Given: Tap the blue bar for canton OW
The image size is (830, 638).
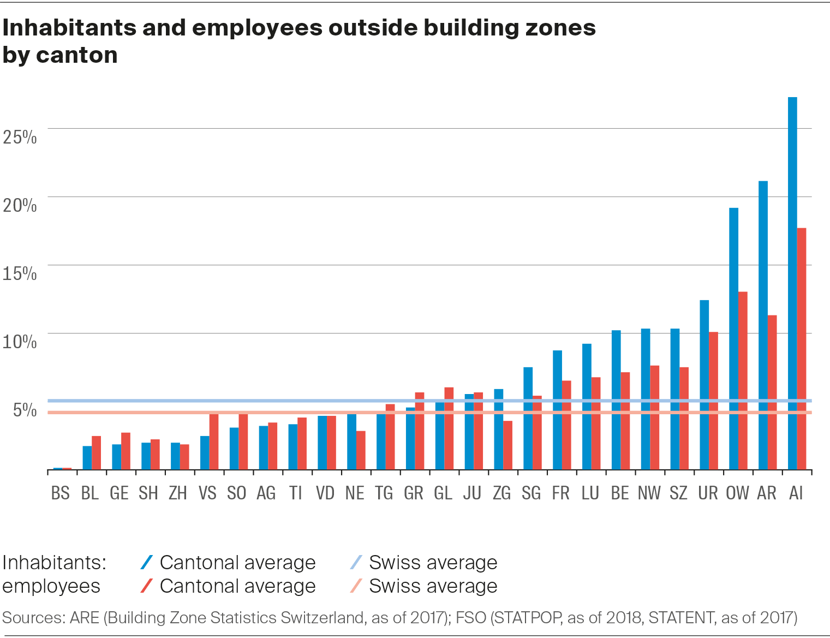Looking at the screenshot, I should (733, 338).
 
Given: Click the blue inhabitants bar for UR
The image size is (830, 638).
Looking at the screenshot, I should (704, 385).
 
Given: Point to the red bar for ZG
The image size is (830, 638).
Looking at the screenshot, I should (507, 445).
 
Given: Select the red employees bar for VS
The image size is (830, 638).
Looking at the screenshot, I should (214, 442).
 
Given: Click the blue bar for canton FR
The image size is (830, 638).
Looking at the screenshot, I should (557, 410).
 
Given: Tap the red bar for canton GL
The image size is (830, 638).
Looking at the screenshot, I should (449, 428).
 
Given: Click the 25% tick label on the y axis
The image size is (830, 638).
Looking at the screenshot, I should (20, 137).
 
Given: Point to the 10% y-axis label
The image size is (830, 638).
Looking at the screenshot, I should (20, 342).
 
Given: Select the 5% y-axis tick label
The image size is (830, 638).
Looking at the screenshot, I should (25, 410).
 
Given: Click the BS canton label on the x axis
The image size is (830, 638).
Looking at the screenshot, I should (60, 493).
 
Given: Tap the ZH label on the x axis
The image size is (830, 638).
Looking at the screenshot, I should (178, 493).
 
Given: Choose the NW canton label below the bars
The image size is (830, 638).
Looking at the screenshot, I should (649, 493).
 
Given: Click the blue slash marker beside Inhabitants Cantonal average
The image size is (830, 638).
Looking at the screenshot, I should (146, 562).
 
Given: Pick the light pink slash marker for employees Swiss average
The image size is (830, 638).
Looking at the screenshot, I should (356, 586).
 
